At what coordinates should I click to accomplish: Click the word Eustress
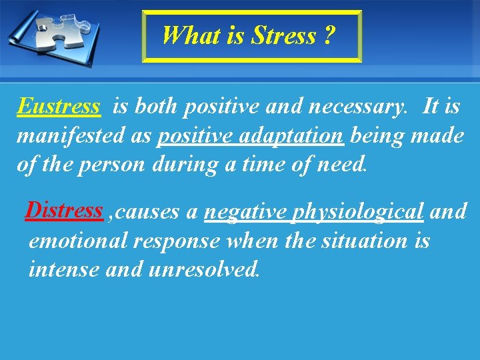tap(59, 106)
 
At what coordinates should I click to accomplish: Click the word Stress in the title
tap(283, 35)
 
